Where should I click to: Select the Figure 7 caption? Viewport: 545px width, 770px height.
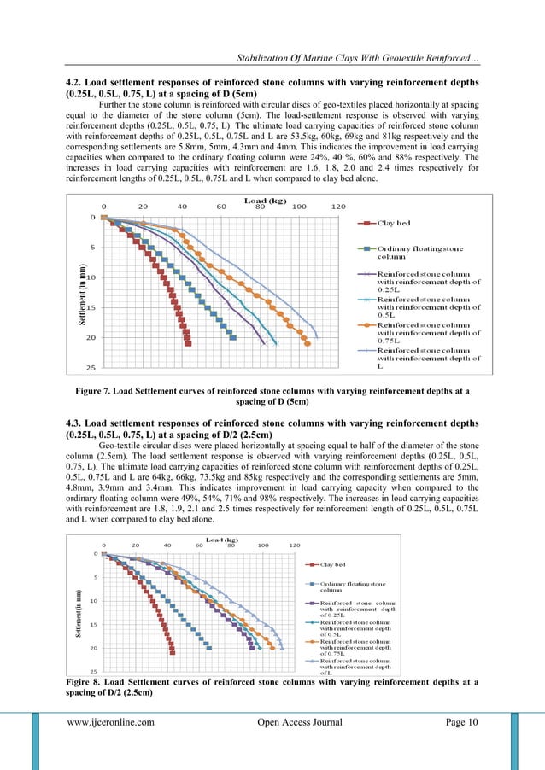pyautogui.click(x=272, y=395)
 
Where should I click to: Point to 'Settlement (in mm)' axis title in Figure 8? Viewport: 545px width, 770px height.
pyautogui.click(x=79, y=612)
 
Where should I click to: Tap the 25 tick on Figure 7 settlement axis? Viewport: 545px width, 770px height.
pyautogui.click(x=90, y=368)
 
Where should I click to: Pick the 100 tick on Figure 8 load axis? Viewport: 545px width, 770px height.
pyautogui.click(x=262, y=545)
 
